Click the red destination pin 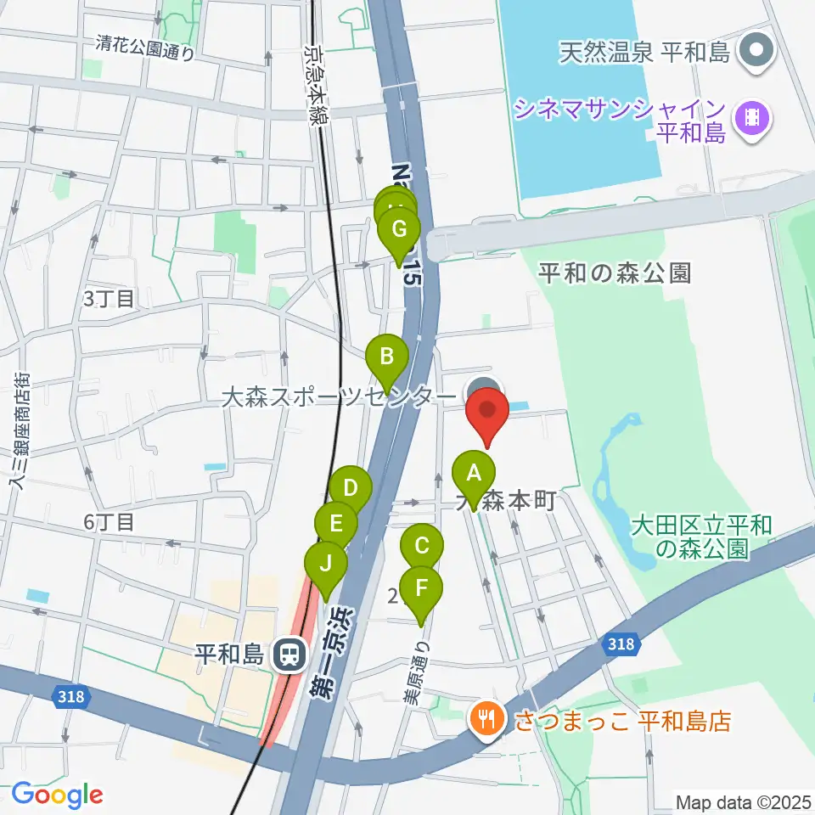coord(487,413)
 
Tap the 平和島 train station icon coord(289,654)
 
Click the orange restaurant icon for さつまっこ coord(486,721)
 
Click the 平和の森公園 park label coord(615,273)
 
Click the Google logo coord(58,795)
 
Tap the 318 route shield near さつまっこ coord(621,645)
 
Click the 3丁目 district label coord(109,299)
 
